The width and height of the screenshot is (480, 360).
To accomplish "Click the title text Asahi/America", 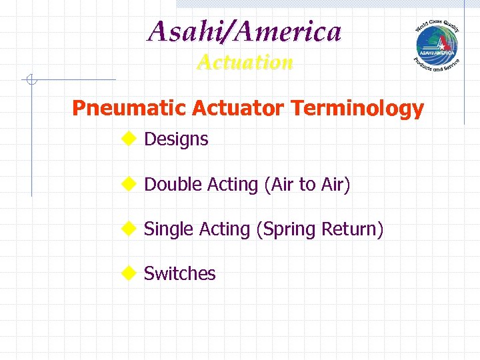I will pos(245,31).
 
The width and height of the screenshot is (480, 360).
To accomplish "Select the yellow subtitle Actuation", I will pos(245,62).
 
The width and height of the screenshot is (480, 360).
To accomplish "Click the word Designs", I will pos(176,139).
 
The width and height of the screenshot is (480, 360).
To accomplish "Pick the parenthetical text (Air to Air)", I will pos(307,184).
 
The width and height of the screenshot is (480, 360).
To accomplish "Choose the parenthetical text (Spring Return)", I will pos(320,229).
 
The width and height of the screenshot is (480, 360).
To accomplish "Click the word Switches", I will pos(180,273).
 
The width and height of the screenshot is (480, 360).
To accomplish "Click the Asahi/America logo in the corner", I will pos(437,45).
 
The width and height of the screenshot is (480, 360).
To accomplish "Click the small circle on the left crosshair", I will pos(31,81).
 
